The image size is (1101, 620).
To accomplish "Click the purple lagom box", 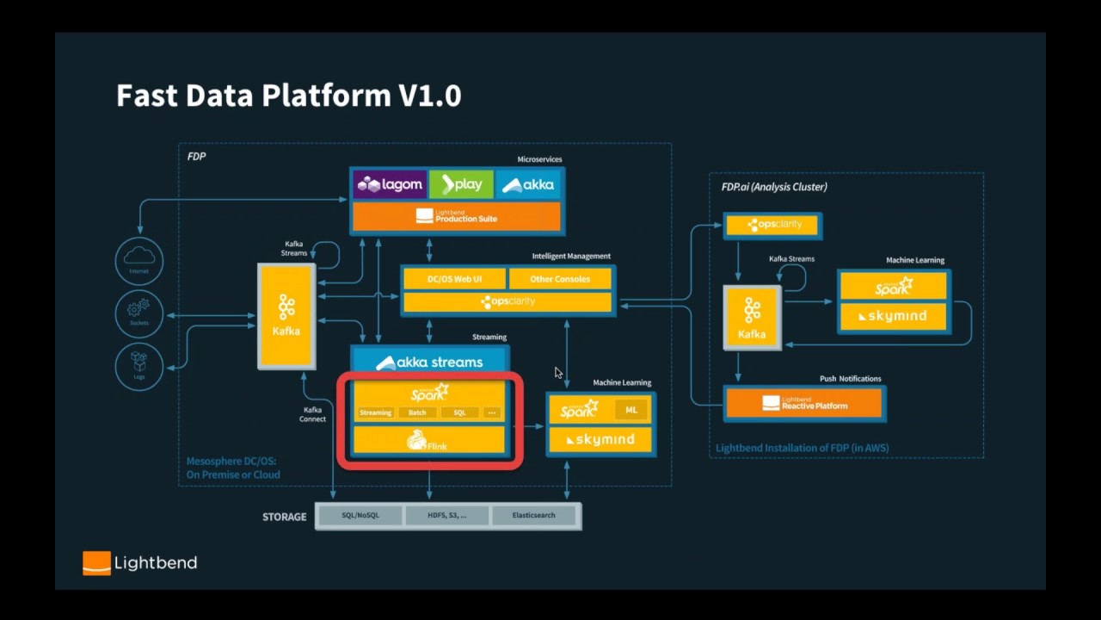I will coord(391,184).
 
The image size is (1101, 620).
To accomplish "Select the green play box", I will coord(461,184).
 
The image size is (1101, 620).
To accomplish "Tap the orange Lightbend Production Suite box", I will coord(457,216).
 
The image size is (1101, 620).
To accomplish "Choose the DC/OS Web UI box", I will coord(454,279).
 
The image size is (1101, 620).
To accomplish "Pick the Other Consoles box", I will coord(560,279).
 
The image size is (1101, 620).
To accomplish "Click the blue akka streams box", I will coord(429,362).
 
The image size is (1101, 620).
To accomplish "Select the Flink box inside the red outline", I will coord(429,441).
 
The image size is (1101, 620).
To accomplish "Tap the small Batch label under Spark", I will coord(417,412).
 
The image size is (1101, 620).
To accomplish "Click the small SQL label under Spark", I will coord(459,412).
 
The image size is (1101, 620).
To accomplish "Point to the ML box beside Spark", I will coord(631,410).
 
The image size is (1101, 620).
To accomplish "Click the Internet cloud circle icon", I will coord(139,260).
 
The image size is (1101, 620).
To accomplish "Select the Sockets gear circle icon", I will coord(139,313).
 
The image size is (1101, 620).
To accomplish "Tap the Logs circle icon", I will coord(139,365).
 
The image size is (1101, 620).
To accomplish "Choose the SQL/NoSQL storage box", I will coord(360,515).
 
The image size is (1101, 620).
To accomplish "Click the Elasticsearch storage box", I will coord(534,515).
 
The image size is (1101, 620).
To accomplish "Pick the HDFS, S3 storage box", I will coord(447,515).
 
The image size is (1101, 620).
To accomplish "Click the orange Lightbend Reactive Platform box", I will coord(804,403).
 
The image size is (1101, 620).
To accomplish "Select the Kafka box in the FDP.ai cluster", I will coord(752,318).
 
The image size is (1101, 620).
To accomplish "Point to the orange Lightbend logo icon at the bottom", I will coord(96,563).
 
